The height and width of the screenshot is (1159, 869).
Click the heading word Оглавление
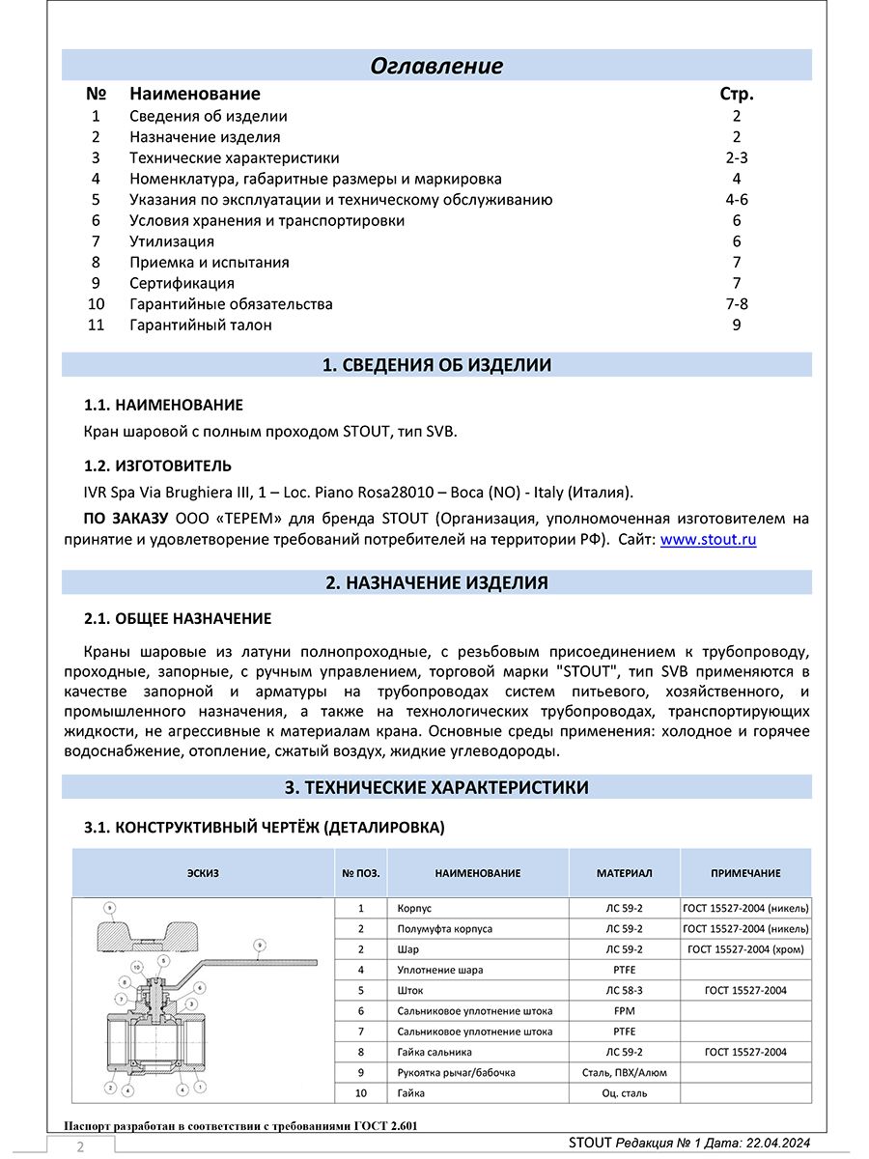[436, 66]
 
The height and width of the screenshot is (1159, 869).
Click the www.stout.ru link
[708, 540]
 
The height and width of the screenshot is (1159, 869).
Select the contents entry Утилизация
[172, 241]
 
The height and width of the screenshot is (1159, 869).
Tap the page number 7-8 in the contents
[737, 304]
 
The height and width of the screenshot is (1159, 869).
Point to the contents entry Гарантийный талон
[201, 325]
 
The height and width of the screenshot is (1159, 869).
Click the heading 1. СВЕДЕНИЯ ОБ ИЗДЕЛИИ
[436, 365]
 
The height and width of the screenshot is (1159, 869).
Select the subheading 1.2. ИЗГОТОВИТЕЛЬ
[158, 466]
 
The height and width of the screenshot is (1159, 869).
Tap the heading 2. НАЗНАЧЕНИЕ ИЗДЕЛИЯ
[436, 582]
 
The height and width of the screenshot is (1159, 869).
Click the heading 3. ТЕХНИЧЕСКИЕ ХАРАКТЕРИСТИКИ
[436, 787]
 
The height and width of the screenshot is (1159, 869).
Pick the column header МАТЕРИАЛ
[624, 873]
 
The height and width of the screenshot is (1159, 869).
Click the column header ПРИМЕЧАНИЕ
[745, 873]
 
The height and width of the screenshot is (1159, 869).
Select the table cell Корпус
[414, 909]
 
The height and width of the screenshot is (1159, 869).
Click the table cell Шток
[410, 990]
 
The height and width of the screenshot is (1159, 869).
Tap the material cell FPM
[624, 1011]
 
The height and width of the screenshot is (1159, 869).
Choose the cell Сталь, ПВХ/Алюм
[624, 1072]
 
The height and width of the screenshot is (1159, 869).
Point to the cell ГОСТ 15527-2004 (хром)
[745, 949]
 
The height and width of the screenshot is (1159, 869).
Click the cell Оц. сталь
[624, 1093]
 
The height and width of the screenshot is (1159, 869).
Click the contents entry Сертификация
[182, 283]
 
